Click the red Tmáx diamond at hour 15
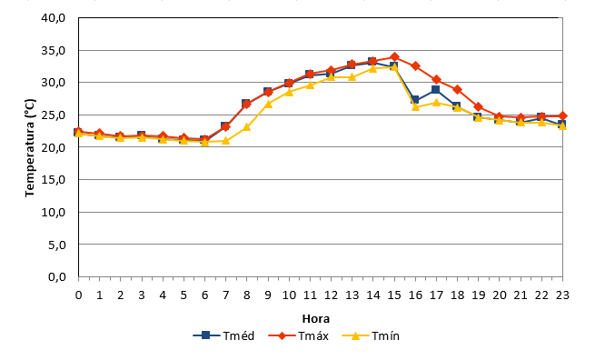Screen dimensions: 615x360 394,57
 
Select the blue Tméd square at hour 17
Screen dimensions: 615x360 435,90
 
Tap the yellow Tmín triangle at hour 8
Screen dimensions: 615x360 247,126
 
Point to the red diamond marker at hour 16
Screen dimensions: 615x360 415,66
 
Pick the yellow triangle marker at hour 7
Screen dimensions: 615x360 225,140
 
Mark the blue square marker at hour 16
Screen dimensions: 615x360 414,100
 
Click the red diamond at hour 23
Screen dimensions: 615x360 562,115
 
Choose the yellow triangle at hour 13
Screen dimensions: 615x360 352,76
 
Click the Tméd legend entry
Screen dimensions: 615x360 224,336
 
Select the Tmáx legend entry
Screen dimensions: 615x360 299,336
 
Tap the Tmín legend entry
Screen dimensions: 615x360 371,336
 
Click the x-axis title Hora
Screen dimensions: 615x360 316,319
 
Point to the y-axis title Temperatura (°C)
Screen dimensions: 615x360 30,147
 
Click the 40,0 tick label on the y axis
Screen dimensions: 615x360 54,18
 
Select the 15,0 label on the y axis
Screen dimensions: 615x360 54,180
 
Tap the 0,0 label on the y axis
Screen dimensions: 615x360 57,277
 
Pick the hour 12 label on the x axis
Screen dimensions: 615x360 331,295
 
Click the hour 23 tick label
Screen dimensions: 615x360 562,295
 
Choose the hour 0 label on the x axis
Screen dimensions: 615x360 78,295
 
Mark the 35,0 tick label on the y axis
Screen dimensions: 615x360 54,51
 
